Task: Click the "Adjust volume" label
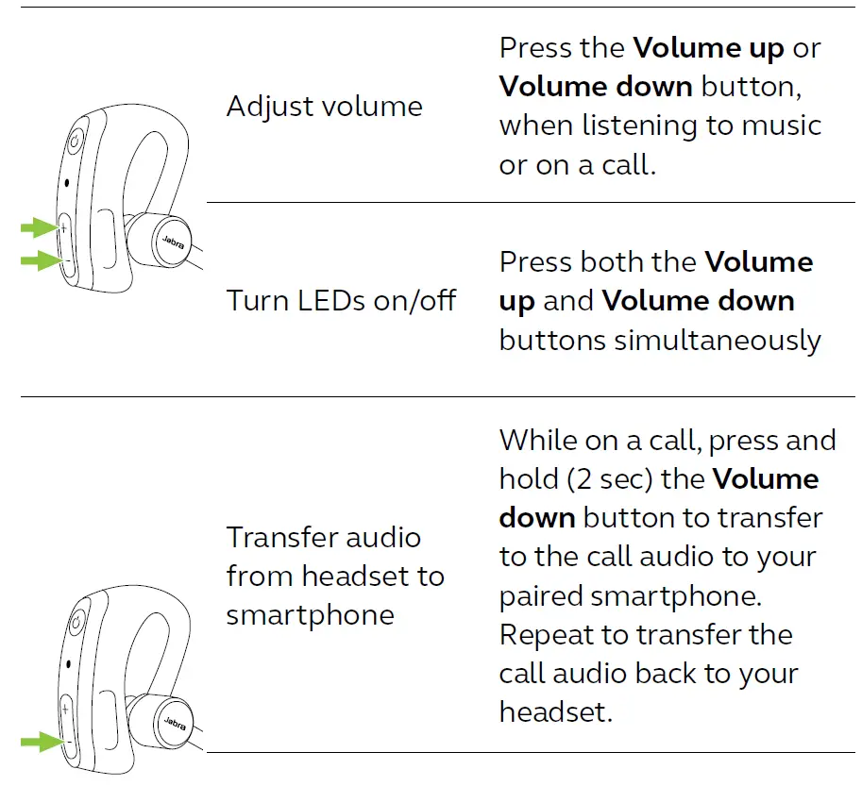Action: pyautogui.click(x=324, y=107)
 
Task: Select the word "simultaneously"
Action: pyautogui.click(x=718, y=340)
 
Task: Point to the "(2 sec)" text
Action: pyautogui.click(x=610, y=479)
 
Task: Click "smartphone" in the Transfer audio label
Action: pyautogui.click(x=310, y=615)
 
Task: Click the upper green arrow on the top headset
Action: pyautogui.click(x=40, y=227)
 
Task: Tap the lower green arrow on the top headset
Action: pyautogui.click(x=40, y=260)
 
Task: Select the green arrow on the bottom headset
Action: pyautogui.click(x=40, y=742)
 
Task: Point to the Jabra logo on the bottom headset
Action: pyautogui.click(x=172, y=723)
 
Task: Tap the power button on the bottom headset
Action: pyautogui.click(x=76, y=622)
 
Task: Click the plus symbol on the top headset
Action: pyautogui.click(x=64, y=227)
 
